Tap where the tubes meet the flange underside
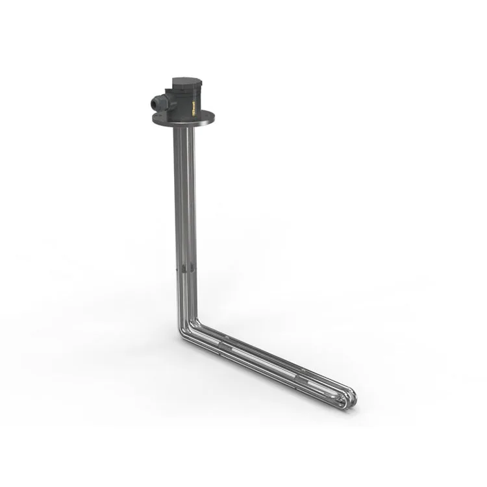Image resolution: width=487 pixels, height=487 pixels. [184, 129]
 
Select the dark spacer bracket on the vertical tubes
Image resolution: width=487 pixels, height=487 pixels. [184, 268]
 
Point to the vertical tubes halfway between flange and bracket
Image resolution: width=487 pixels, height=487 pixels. [184, 198]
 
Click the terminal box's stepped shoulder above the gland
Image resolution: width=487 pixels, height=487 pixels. [170, 90]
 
